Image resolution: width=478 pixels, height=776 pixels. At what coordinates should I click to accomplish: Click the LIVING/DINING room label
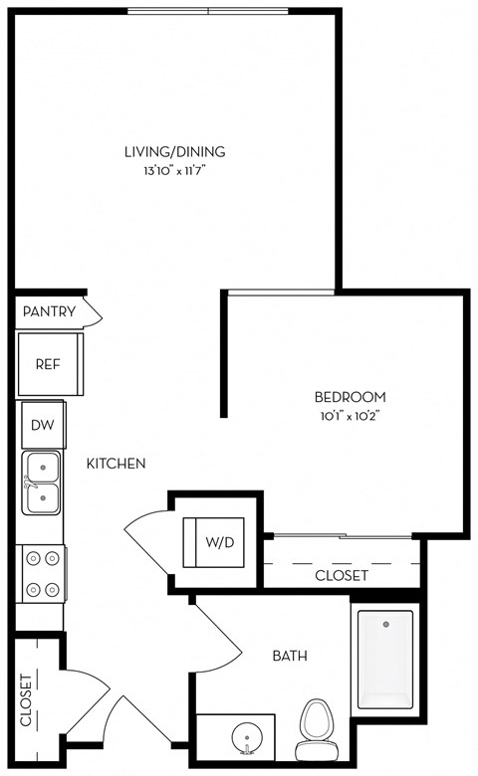coord(174,152)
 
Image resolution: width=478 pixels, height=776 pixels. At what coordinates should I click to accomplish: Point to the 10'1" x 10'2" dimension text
coord(350,415)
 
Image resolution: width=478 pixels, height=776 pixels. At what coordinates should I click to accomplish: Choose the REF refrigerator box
coord(48,364)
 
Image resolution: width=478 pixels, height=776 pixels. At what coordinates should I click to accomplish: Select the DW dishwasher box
coord(42,425)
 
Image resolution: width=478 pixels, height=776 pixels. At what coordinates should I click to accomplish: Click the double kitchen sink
coord(41,482)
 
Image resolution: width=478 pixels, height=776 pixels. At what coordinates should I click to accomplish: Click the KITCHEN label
coord(117,464)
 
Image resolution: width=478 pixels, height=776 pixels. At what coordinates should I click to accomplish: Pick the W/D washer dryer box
coord(219,543)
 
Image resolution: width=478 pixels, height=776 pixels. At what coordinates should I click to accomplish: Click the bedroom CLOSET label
coord(342,575)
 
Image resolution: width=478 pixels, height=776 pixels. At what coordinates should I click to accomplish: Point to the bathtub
coord(384,658)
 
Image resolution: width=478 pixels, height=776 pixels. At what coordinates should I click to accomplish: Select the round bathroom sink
coord(245,738)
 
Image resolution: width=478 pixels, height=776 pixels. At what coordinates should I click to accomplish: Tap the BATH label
coord(290,656)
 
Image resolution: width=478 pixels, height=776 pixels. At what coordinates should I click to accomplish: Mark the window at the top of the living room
coord(207,11)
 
